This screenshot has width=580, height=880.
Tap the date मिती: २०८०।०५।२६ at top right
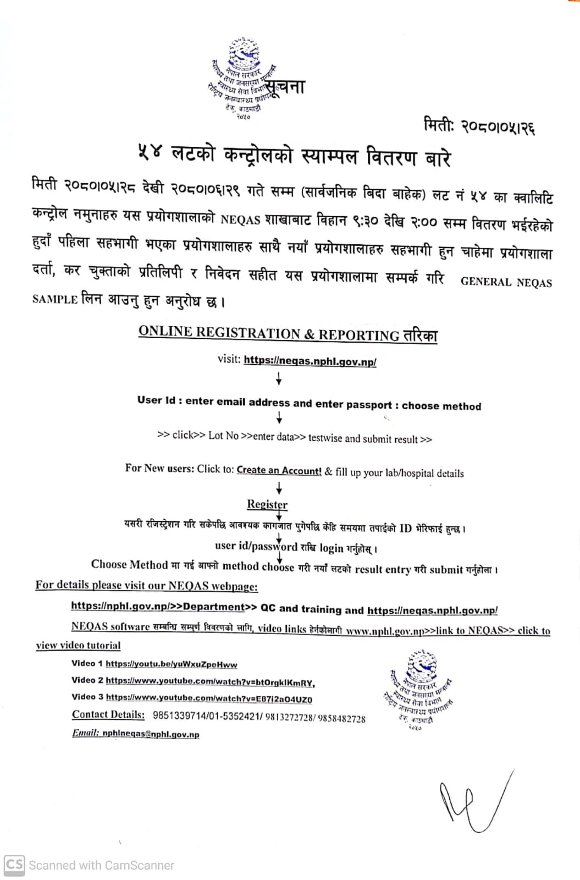[479, 126]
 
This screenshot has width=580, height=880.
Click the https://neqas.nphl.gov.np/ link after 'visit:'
[310, 361]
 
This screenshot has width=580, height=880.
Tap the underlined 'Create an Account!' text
[279, 471]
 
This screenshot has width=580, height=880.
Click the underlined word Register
[267, 504]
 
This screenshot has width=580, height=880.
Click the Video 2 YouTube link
[210, 682]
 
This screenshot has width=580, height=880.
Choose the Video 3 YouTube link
[209, 699]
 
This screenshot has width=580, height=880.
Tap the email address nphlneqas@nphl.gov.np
[151, 734]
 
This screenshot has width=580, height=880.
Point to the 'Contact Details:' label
[108, 715]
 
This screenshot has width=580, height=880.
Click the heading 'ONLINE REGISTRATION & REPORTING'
[269, 333]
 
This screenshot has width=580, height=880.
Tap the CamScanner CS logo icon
[14, 865]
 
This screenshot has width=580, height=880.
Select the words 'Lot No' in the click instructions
[223, 436]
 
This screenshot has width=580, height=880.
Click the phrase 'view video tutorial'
[78, 646]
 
